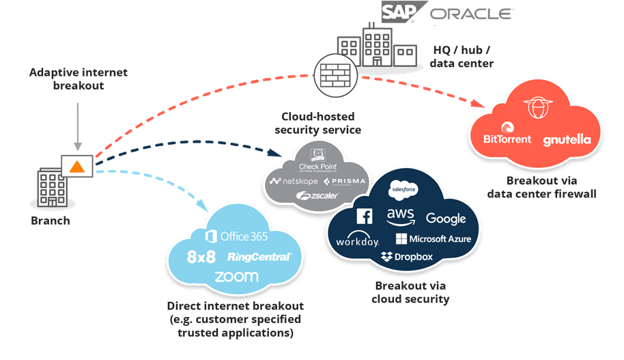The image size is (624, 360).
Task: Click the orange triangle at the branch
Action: [x=78, y=166]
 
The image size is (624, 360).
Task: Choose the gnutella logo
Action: [x=567, y=140]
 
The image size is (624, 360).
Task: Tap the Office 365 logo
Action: [x=231, y=236]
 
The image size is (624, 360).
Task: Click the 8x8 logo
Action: [x=203, y=258]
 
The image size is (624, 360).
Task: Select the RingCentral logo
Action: [x=259, y=257]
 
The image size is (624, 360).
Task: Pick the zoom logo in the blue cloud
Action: [x=236, y=277]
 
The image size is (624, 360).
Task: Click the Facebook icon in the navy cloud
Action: [x=364, y=217]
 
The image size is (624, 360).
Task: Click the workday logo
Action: [x=357, y=241]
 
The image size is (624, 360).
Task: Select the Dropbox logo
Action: [x=407, y=257]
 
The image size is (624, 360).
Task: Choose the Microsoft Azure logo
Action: [x=429, y=239]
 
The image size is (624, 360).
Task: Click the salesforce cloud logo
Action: [x=403, y=189]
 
